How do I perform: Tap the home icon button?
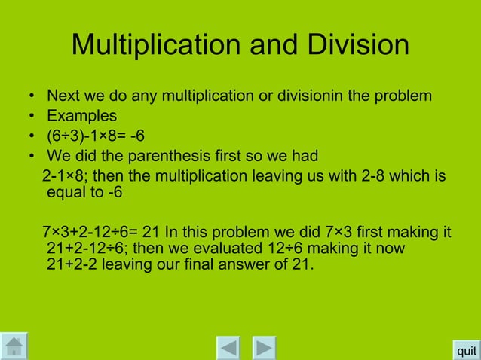14,347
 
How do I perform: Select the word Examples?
82,117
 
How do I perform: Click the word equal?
65,192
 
